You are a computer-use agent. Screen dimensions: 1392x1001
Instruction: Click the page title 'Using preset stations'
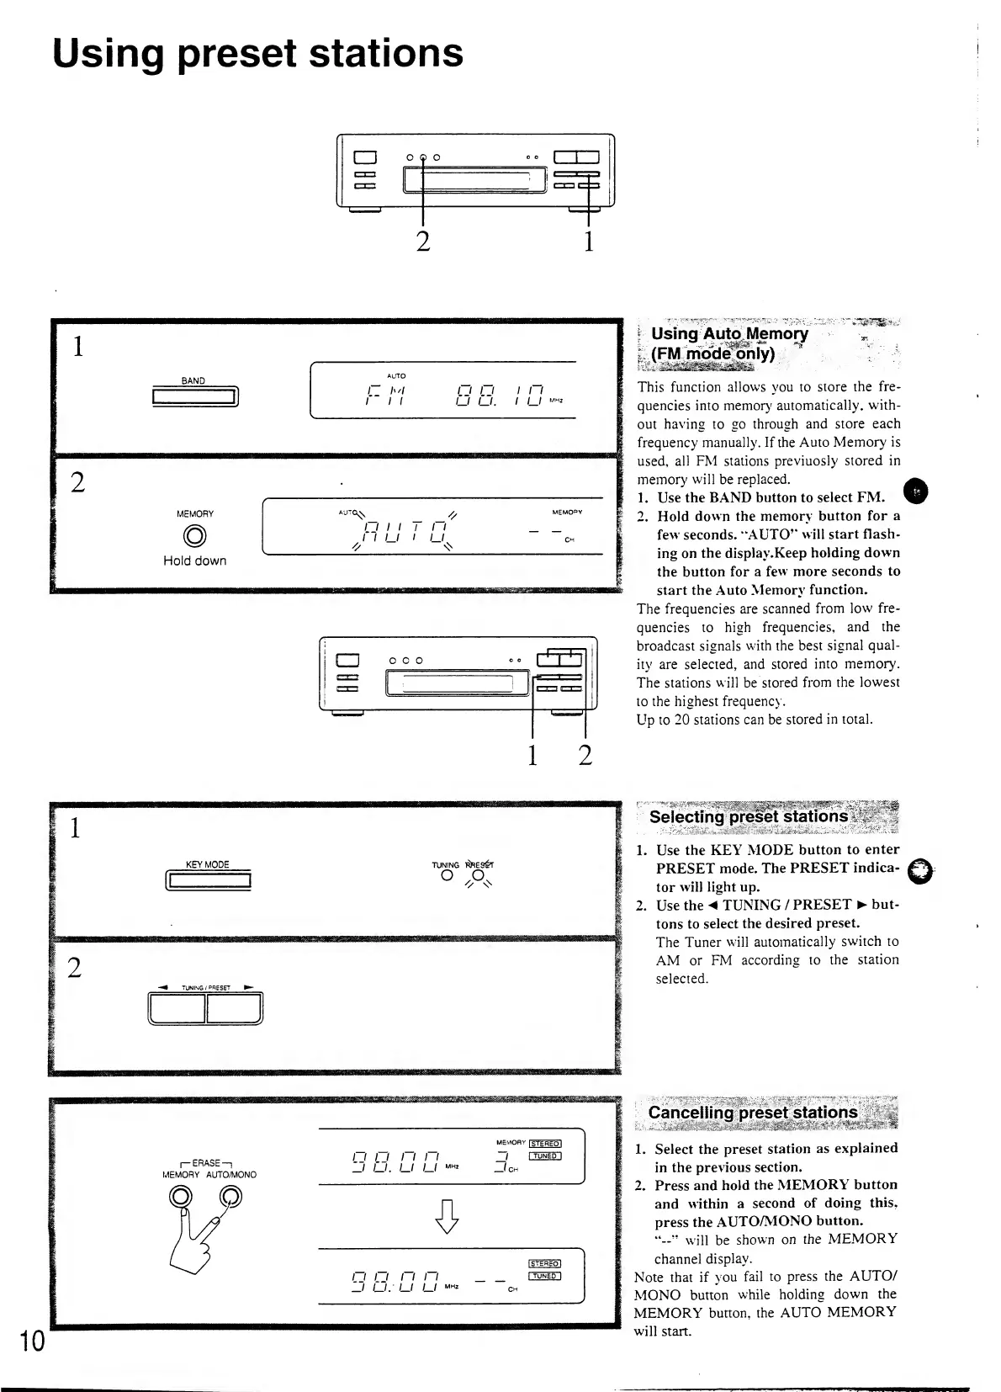(x=257, y=53)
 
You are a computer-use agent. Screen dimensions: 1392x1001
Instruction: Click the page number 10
(x=31, y=1341)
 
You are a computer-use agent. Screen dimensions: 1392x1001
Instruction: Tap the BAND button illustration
(x=195, y=396)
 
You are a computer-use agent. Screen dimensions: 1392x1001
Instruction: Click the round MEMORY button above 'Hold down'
(x=195, y=536)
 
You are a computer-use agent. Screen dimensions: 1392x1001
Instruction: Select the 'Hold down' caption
(x=194, y=561)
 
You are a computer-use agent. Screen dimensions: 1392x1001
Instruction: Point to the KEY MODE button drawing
(x=209, y=881)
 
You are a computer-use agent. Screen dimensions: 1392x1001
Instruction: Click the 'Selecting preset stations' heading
(x=749, y=816)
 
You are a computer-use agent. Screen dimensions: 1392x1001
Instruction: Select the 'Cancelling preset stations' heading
(x=752, y=1113)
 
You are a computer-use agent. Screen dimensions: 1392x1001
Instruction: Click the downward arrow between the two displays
(x=448, y=1216)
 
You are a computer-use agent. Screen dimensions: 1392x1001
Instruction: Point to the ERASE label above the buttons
(x=206, y=1162)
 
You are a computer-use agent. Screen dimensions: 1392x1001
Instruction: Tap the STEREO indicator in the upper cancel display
(x=544, y=1143)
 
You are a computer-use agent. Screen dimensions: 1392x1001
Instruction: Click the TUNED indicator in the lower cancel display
(x=544, y=1275)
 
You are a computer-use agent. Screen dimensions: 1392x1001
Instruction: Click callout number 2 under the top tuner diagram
(x=423, y=241)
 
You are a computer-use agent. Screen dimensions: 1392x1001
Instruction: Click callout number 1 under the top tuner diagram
(x=589, y=242)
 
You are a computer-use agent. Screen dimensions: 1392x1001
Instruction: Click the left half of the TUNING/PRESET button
(x=177, y=1007)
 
